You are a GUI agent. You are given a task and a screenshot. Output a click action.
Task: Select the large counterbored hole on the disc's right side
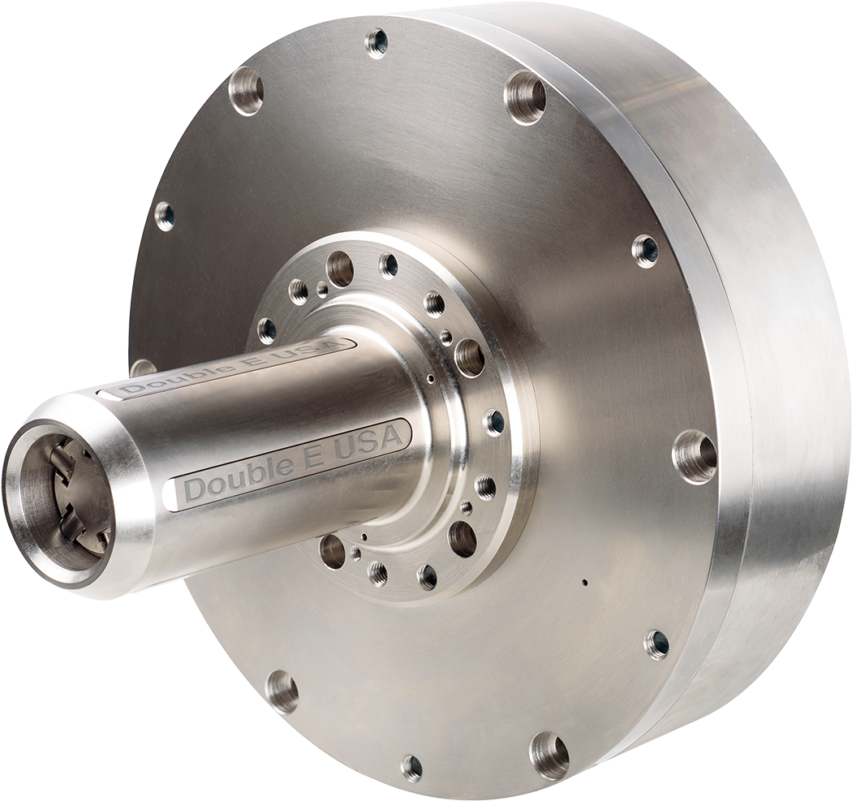(x=695, y=457)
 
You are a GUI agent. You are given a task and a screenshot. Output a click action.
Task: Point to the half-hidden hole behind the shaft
(x=143, y=367)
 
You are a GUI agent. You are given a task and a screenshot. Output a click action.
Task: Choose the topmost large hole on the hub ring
(x=340, y=267)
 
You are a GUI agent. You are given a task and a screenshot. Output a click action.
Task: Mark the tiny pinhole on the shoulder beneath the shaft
(x=365, y=536)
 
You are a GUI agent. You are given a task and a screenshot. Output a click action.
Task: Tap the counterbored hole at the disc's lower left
(x=281, y=691)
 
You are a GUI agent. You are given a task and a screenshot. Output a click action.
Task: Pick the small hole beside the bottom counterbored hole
(x=412, y=766)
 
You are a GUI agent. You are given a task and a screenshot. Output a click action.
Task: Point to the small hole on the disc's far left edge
(x=165, y=215)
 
